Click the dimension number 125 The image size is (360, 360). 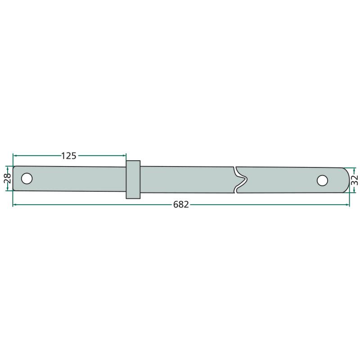click(x=68, y=156)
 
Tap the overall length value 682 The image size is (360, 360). click(x=181, y=205)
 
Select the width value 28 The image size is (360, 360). click(x=8, y=178)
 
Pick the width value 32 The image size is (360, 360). click(x=355, y=180)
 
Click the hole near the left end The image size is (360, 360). click(x=27, y=179)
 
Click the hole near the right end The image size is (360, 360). click(x=322, y=180)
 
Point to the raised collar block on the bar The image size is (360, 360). click(x=133, y=180)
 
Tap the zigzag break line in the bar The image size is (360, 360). click(x=240, y=180)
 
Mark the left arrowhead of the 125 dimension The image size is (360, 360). click(x=15, y=156)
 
